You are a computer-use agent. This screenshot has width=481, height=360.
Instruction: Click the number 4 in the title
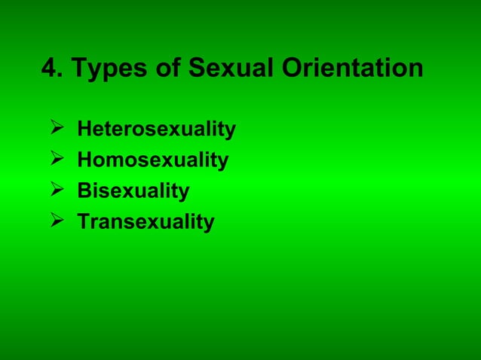pos(49,69)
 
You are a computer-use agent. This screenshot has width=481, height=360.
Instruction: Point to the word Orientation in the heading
pos(352,69)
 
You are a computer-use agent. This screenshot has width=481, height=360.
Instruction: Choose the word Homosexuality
pos(153,160)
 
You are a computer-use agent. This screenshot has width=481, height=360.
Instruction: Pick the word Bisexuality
pos(133,191)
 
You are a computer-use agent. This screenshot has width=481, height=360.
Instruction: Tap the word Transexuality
pos(146,222)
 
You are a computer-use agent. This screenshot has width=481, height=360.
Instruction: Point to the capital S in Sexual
pos(195,69)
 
